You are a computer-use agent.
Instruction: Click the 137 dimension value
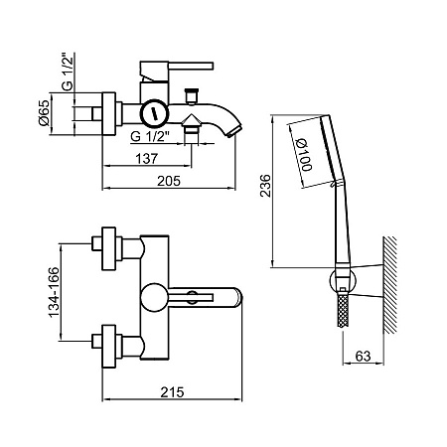146,159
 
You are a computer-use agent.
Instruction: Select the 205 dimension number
169,181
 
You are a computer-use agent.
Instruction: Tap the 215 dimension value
172,392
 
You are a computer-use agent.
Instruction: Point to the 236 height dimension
265,186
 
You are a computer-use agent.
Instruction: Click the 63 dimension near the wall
363,357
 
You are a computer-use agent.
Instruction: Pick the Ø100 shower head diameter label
303,155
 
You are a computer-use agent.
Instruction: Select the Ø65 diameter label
44,112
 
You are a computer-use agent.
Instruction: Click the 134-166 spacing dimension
54,292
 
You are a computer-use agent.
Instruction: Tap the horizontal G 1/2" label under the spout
150,136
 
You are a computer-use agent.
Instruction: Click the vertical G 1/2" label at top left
68,72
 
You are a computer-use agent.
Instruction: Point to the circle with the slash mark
154,113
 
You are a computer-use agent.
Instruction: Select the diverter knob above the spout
192,96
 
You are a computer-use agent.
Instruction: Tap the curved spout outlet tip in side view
234,130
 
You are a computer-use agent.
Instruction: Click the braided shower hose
343,310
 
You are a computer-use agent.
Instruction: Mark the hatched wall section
389,285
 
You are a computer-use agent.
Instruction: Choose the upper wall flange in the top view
108,248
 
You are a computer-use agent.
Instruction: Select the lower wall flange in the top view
108,346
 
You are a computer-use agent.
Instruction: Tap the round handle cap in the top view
154,297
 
